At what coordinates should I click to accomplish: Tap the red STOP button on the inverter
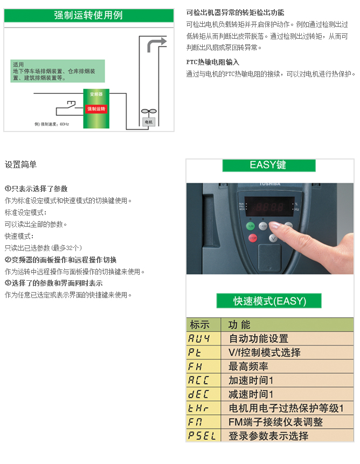click(252, 238)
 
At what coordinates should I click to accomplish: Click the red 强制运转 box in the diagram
click(96, 108)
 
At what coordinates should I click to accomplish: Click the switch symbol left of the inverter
click(69, 103)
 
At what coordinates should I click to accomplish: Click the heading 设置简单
click(20, 164)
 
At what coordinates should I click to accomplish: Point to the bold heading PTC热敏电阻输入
click(212, 62)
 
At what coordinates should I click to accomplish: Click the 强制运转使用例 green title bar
click(88, 15)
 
